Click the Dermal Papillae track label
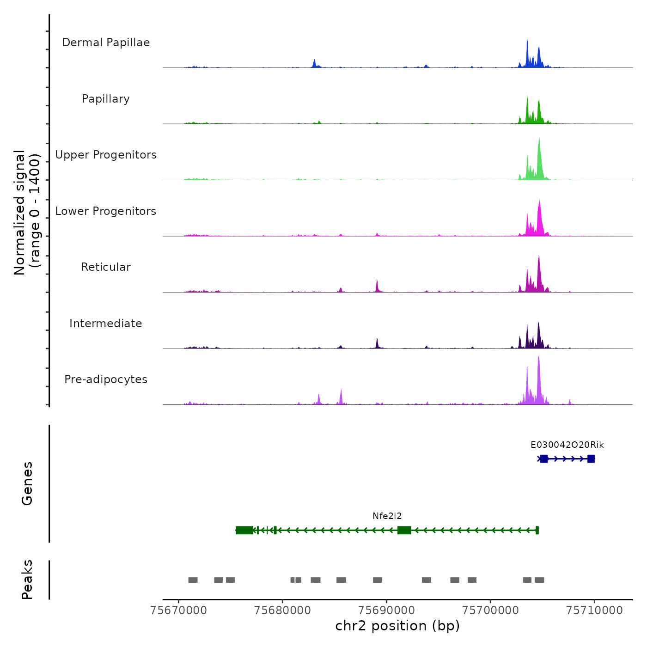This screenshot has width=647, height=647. (106, 43)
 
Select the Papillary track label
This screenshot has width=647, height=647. (106, 99)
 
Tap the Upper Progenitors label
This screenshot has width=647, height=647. (106, 155)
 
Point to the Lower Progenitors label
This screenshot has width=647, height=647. (106, 211)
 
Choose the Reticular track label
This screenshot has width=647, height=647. (106, 267)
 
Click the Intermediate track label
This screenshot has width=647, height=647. (106, 323)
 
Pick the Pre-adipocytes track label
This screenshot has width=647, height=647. (106, 379)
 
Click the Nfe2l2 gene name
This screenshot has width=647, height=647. (387, 516)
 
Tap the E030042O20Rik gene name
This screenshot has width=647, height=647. (567, 445)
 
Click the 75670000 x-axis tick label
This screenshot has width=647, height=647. (179, 610)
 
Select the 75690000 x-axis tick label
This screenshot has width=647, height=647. (387, 610)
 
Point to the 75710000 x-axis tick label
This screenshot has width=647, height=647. (595, 610)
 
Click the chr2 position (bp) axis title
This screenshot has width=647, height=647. (397, 626)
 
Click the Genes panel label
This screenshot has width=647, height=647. (27, 483)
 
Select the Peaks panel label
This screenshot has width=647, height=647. (27, 580)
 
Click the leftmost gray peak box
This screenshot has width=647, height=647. (193, 580)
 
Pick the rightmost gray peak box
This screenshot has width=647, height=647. (539, 580)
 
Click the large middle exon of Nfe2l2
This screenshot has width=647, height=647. (404, 530)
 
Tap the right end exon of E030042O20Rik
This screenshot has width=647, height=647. (591, 459)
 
